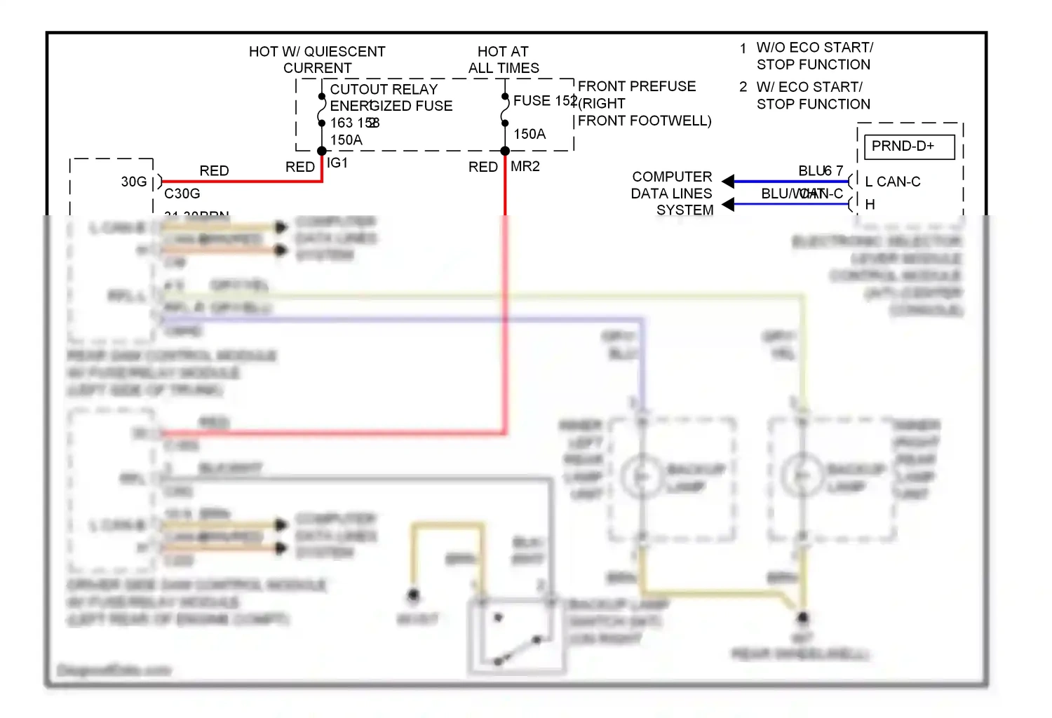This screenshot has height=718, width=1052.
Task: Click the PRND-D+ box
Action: pyautogui.click(x=909, y=147)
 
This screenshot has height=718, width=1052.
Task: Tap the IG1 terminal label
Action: pyautogui.click(x=337, y=163)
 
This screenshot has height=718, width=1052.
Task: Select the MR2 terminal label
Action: pyautogui.click(x=525, y=166)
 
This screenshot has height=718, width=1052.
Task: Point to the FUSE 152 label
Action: pyautogui.click(x=544, y=100)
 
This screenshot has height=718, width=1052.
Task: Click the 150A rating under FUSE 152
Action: pyautogui.click(x=530, y=134)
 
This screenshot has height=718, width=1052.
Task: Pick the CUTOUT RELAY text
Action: pyautogui.click(x=384, y=89)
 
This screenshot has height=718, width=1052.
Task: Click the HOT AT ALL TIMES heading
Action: pyautogui.click(x=504, y=60)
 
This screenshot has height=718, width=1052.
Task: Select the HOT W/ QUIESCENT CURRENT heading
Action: pyautogui.click(x=317, y=60)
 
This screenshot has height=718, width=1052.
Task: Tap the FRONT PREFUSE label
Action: pyautogui.click(x=637, y=86)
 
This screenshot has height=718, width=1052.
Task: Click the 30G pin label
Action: pyautogui.click(x=134, y=182)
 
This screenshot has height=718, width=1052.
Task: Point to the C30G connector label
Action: pyautogui.click(x=182, y=194)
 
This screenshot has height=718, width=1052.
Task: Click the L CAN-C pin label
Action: pyautogui.click(x=893, y=182)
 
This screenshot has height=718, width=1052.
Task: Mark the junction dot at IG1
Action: pyautogui.click(x=322, y=151)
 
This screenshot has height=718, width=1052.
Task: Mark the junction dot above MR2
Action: pyautogui.click(x=505, y=151)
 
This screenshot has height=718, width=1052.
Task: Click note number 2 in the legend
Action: pyautogui.click(x=743, y=87)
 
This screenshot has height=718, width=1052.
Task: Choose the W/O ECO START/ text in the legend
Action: pyautogui.click(x=814, y=48)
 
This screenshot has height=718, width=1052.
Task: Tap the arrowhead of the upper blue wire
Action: pyautogui.click(x=728, y=182)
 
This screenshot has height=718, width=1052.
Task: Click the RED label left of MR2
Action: pyautogui.click(x=483, y=167)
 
